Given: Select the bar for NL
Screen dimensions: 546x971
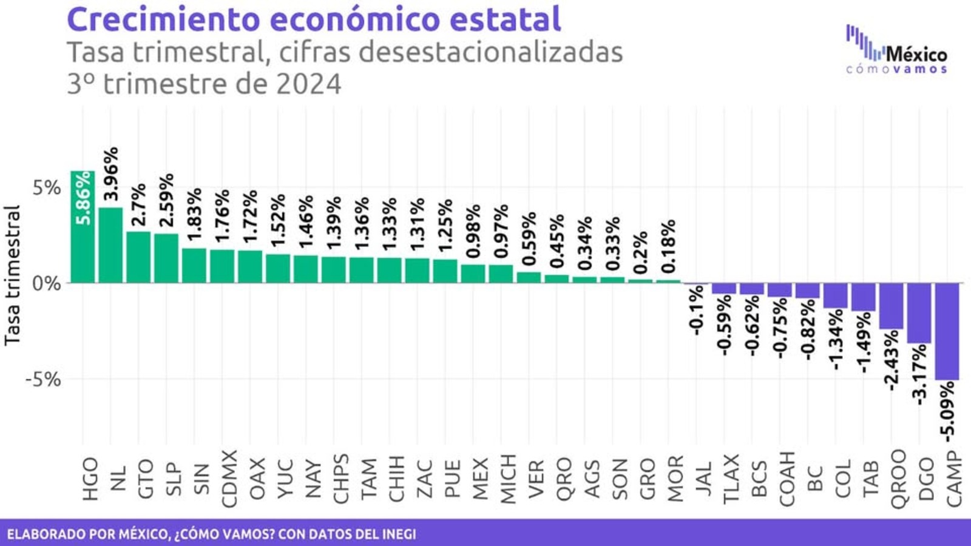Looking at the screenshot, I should click(110, 245).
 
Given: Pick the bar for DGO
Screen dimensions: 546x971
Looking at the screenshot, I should click(919, 313).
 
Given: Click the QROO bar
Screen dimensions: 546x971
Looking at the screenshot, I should click(891, 306).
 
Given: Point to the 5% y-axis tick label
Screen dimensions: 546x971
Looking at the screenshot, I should click(47, 188).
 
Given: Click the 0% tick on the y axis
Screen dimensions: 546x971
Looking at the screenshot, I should click(47, 283).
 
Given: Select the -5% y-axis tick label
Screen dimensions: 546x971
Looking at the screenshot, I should click(43, 380).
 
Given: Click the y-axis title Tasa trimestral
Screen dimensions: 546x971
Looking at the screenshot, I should click(13, 276).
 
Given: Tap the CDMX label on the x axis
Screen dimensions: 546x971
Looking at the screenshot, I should click(229, 479).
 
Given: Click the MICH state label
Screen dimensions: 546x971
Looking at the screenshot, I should click(508, 479).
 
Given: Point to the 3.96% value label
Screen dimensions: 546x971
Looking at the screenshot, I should click(111, 174).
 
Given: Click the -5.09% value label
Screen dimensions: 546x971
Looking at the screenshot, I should click(947, 411).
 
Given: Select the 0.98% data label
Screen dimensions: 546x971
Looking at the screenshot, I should click(473, 231).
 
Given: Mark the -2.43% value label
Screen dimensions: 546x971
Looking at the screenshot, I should click(891, 360).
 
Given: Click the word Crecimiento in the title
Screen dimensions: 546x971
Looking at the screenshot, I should click(163, 19).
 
